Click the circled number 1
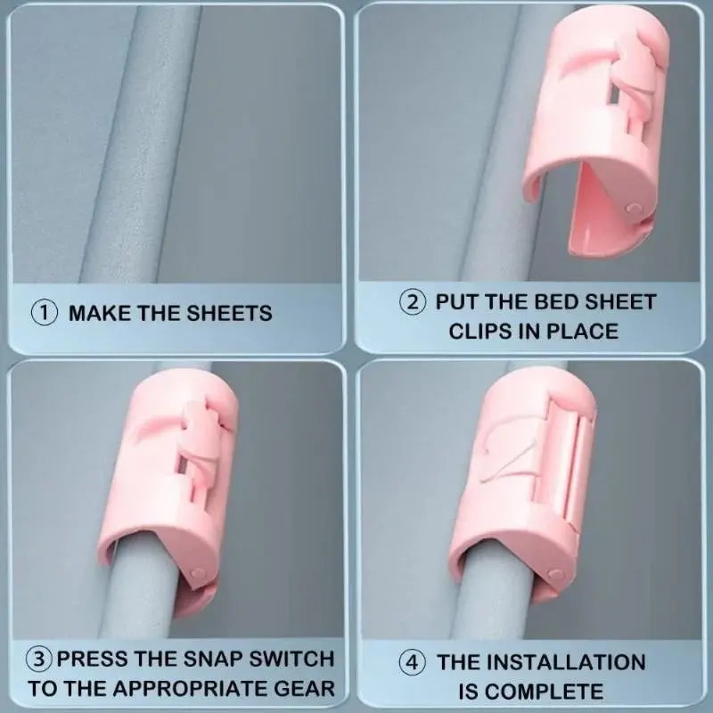pos(44,314)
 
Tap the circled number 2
pos(413,302)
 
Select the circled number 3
pos(39,659)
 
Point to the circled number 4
pos(413,662)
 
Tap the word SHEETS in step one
pos(230,314)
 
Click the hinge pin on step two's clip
pos(633,209)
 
